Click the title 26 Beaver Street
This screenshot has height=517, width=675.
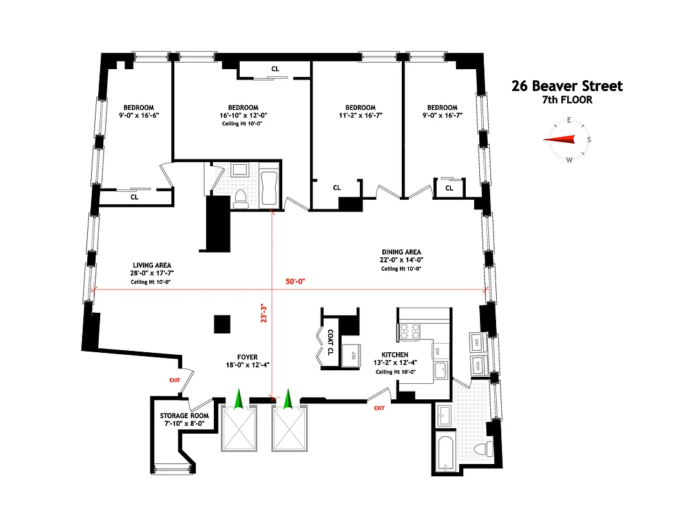click(x=566, y=86)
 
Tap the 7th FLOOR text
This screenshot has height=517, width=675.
click(x=566, y=100)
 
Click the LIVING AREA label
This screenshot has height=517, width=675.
click(x=152, y=265)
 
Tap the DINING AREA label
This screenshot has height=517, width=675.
click(x=400, y=252)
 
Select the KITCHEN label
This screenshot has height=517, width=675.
click(x=395, y=355)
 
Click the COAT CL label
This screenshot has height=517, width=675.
click(x=330, y=343)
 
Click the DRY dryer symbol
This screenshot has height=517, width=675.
click(x=477, y=342)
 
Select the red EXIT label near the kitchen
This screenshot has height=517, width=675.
click(x=379, y=408)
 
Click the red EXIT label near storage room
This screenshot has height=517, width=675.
click(x=174, y=380)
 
